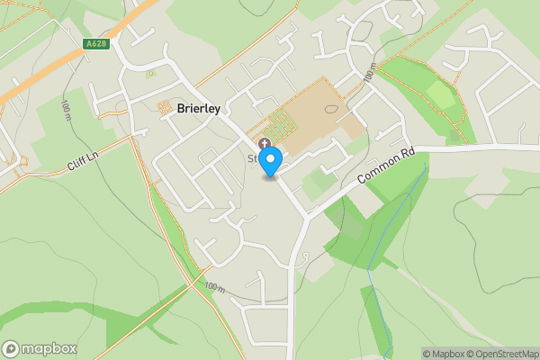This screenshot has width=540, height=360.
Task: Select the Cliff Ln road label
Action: [x=83, y=166]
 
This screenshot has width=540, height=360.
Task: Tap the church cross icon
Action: [x=264, y=143]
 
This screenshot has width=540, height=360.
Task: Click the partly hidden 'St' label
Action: [x=253, y=158]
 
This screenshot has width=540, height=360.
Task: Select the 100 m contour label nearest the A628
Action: [x=66, y=111]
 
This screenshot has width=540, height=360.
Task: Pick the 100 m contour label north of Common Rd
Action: [x=368, y=72]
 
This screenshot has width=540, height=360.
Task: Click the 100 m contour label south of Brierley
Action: [x=213, y=287]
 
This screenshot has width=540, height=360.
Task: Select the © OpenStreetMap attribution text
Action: [x=506, y=354]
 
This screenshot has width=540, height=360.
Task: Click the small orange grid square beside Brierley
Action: [x=166, y=108]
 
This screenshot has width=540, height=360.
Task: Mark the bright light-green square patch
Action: [x=440, y=94]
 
